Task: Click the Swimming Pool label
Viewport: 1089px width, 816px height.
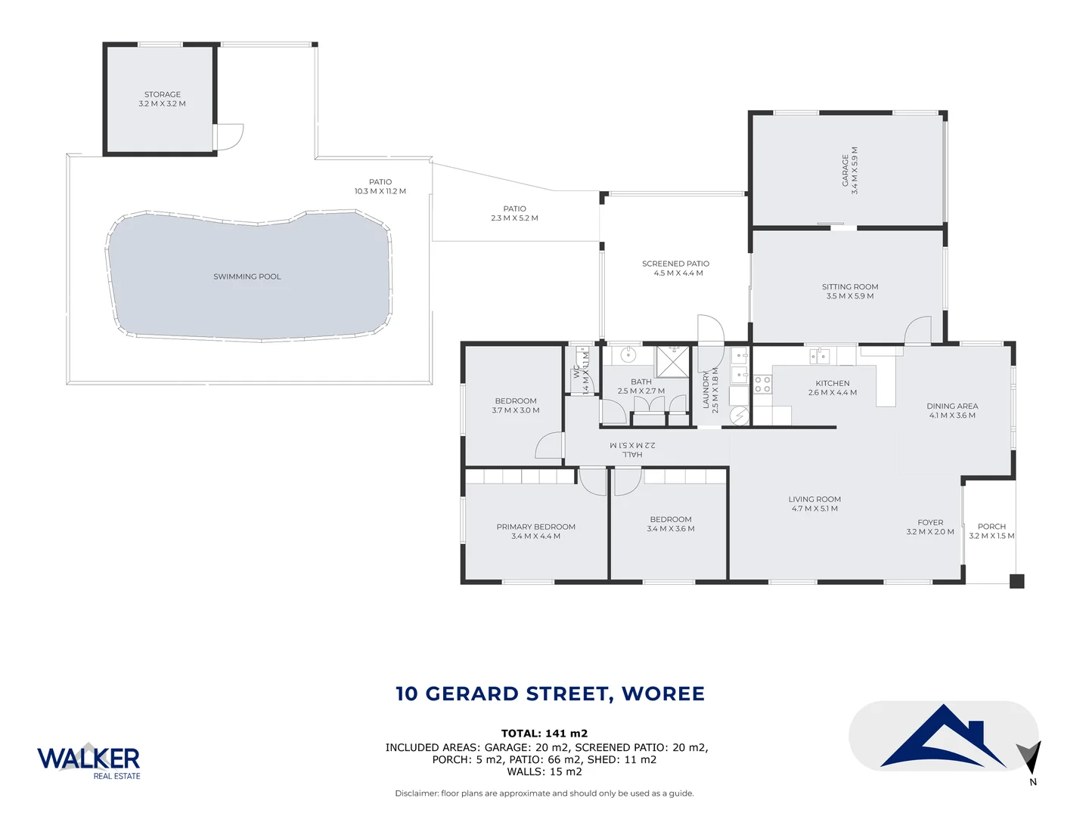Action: [247, 277]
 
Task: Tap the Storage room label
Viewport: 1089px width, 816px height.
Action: [162, 99]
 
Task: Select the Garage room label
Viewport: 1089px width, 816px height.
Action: [849, 171]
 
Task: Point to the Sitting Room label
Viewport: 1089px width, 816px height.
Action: [850, 291]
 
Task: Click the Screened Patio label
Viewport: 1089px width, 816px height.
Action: [675, 268]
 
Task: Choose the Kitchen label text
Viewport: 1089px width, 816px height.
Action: [832, 388]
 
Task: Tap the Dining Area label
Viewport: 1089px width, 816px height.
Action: [952, 410]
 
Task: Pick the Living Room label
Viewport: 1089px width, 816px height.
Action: [814, 503]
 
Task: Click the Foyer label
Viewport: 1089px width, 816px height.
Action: [930, 527]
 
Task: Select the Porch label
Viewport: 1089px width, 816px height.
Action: [991, 531]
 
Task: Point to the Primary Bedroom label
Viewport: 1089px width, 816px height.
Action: [535, 531]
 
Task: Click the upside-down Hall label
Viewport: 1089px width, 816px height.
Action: [632, 450]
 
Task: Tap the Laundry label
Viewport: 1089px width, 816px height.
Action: [710, 389]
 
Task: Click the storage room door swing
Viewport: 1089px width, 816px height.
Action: [229, 137]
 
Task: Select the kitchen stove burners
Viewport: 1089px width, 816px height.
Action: [762, 384]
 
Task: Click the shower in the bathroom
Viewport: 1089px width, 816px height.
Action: [672, 360]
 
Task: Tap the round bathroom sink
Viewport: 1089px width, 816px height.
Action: [628, 354]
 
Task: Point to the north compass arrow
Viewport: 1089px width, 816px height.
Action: [1030, 758]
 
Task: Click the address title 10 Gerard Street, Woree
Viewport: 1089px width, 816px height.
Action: [550, 694]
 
